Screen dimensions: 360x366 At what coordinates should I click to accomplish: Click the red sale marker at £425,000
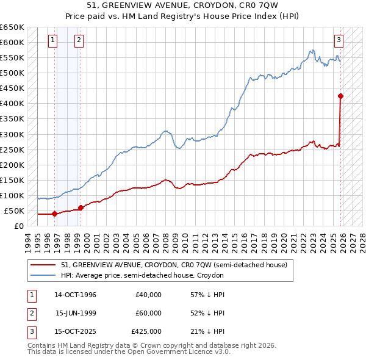point(340,96)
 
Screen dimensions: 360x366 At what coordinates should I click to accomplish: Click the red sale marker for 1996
point(55,214)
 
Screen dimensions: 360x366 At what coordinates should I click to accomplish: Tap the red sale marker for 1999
point(81,207)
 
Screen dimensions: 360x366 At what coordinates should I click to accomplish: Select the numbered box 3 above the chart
point(339,41)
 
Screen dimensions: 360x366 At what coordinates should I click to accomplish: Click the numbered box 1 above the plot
point(53,41)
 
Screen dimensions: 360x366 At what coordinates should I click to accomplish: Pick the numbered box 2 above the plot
point(79,41)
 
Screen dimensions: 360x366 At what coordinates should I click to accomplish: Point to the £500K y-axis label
point(12,73)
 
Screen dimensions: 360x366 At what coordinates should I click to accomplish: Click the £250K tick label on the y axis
point(12,149)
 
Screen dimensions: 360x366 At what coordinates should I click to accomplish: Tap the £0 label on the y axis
point(18,226)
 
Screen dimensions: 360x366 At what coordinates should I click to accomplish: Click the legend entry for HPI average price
point(142,276)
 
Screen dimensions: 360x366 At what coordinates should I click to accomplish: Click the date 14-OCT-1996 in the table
point(75,295)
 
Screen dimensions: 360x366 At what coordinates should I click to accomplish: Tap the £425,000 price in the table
point(146,331)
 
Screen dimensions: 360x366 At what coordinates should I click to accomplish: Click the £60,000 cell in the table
point(148,313)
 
